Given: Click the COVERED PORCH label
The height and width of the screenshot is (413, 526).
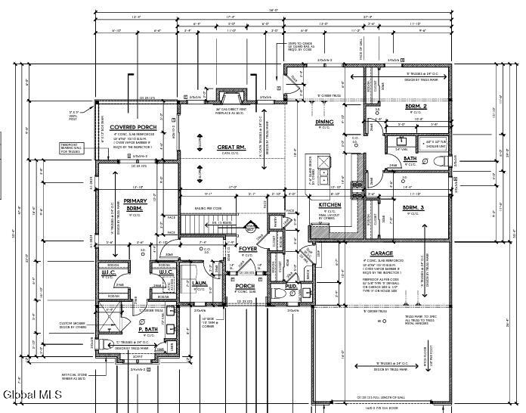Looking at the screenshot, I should coord(132,127).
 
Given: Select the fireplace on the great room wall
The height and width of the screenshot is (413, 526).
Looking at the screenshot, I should coord(231,96).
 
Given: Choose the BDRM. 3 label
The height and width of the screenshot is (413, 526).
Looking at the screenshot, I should coord(414,207).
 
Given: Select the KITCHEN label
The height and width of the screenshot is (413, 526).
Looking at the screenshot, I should coord(330,205).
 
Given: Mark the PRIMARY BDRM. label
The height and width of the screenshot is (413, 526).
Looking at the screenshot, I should coord(135,204).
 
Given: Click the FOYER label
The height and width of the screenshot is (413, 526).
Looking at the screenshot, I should coord(249,248).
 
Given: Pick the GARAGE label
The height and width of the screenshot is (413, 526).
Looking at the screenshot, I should coord(381,253).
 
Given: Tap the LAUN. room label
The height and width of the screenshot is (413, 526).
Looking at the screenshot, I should coord(200,282).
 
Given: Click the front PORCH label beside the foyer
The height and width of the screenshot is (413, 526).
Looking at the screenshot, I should coord(246,286).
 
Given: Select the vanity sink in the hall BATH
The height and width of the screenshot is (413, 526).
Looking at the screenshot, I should coord(399,141).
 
